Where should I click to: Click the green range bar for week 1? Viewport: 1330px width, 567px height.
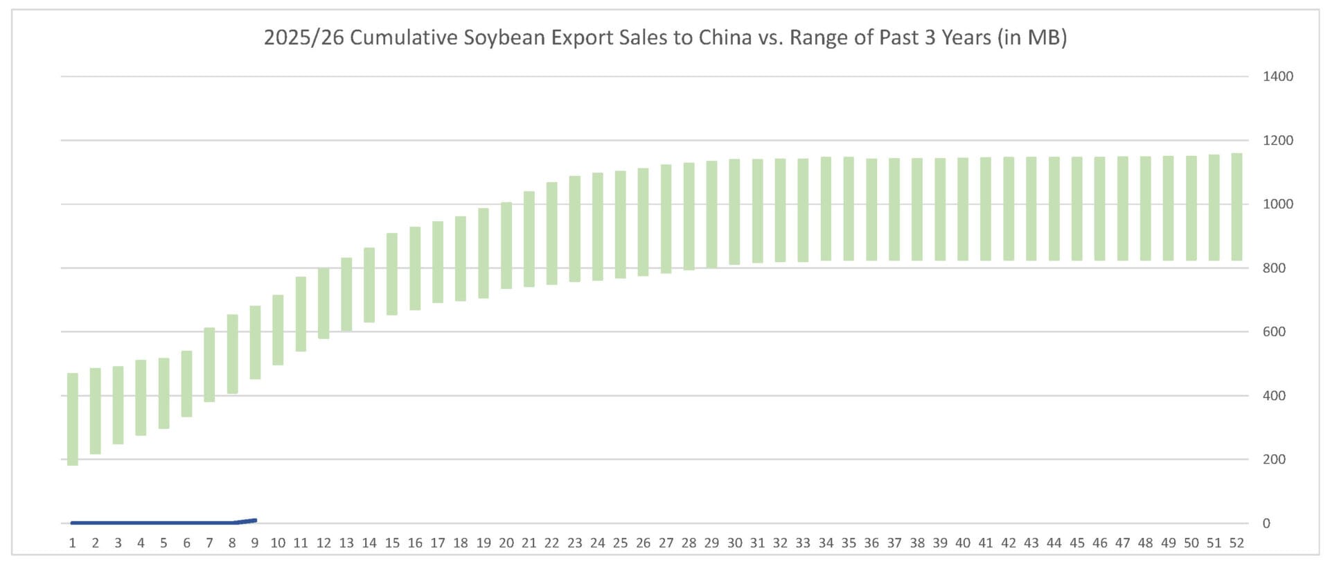pos(73,419)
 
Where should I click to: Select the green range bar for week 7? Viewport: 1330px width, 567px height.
pos(209,365)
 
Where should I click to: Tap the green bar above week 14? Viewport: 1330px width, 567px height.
pos(369,285)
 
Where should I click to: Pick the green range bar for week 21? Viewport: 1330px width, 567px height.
pos(529,239)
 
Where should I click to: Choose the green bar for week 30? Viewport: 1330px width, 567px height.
pos(734,212)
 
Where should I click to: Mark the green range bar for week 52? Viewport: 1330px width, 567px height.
pos(1236,207)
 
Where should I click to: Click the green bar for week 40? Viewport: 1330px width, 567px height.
pos(963,209)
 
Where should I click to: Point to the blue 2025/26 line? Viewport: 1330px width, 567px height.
pos(152,522)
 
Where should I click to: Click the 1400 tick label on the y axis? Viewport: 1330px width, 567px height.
pos(1277,76)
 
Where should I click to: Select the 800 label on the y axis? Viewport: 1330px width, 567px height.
pos(1273,268)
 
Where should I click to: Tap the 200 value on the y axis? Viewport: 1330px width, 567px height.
pos(1273,459)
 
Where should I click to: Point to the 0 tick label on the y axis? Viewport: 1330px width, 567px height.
pos(1266,523)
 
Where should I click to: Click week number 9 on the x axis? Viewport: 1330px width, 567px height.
pos(255,543)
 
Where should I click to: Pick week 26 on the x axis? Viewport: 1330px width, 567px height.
pos(643,543)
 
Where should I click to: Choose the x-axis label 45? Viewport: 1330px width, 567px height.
pos(1076,543)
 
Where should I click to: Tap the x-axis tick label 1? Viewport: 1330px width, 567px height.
pos(73,543)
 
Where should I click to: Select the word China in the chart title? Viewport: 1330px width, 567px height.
pos(725,37)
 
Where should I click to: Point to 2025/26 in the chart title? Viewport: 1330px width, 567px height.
pos(303,37)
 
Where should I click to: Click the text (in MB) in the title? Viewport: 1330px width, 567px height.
pos(1032,37)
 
